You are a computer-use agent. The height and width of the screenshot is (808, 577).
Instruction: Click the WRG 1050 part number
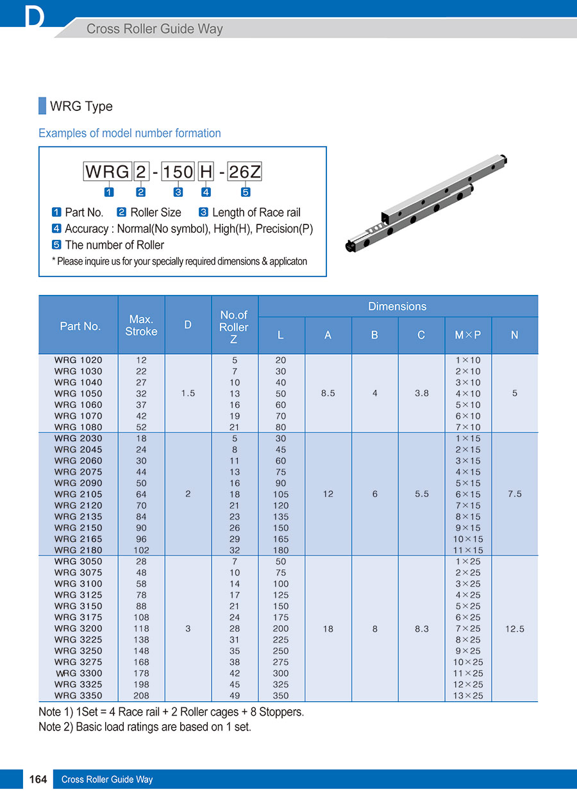78,394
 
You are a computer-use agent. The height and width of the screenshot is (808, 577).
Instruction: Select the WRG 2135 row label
78,517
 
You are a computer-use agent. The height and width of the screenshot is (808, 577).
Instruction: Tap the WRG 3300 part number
79,673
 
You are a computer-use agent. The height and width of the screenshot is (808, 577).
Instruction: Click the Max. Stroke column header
141,325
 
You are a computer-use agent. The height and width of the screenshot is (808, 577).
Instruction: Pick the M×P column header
468,335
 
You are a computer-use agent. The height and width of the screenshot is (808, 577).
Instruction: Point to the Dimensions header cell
397,307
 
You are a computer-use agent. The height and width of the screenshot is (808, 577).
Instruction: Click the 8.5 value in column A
328,394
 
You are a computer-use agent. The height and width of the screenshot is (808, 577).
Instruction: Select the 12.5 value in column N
515,629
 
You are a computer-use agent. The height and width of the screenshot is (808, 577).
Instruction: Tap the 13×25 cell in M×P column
468,696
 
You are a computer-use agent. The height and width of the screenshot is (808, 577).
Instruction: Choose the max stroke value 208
141,696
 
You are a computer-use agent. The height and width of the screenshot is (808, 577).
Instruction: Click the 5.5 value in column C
422,494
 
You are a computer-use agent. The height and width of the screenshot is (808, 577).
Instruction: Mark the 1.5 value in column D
188,394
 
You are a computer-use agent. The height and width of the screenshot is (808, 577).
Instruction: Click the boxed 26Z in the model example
245,172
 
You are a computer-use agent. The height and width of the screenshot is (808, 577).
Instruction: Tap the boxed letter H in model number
206,172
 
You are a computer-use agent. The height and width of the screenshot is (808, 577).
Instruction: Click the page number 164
38,780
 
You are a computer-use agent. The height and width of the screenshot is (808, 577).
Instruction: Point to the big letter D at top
35,18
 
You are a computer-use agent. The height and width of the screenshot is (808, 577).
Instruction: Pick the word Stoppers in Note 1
280,712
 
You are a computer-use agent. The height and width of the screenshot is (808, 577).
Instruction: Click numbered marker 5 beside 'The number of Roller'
56,245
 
